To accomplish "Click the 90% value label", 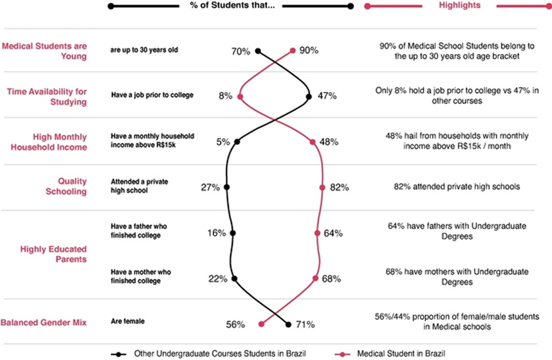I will (x=309, y=51).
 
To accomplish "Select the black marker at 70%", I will (x=258, y=51).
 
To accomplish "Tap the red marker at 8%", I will (x=240, y=96).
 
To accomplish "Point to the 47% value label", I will (x=327, y=96).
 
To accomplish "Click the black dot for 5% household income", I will (x=237, y=141).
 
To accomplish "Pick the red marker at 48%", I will (x=313, y=141).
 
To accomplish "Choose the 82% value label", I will (x=339, y=188).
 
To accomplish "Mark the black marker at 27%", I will (x=227, y=188).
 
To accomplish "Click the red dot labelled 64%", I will (x=317, y=233).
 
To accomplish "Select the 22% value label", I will (x=217, y=279).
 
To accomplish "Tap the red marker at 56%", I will (x=262, y=324).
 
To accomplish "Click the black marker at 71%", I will (x=288, y=324).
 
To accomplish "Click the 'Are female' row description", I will (x=128, y=321).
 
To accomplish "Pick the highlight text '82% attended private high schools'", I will (x=457, y=187).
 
